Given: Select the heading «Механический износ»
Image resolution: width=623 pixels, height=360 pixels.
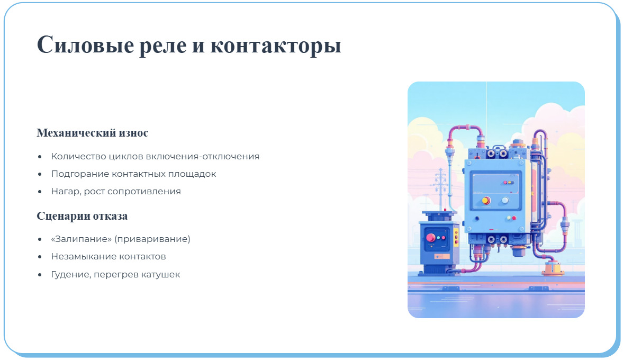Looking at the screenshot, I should [92, 133].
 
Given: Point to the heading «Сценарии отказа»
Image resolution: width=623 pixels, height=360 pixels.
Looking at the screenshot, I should [82, 216].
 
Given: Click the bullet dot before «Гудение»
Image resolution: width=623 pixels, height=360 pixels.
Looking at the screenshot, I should [40, 275].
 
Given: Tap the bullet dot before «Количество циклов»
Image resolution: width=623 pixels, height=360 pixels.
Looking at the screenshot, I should [40, 157].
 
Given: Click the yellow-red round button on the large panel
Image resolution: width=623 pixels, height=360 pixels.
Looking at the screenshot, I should [486, 201].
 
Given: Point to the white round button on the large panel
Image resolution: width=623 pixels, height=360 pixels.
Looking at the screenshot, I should [505, 201].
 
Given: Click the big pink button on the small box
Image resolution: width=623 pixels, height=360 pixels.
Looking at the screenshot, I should [430, 238].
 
